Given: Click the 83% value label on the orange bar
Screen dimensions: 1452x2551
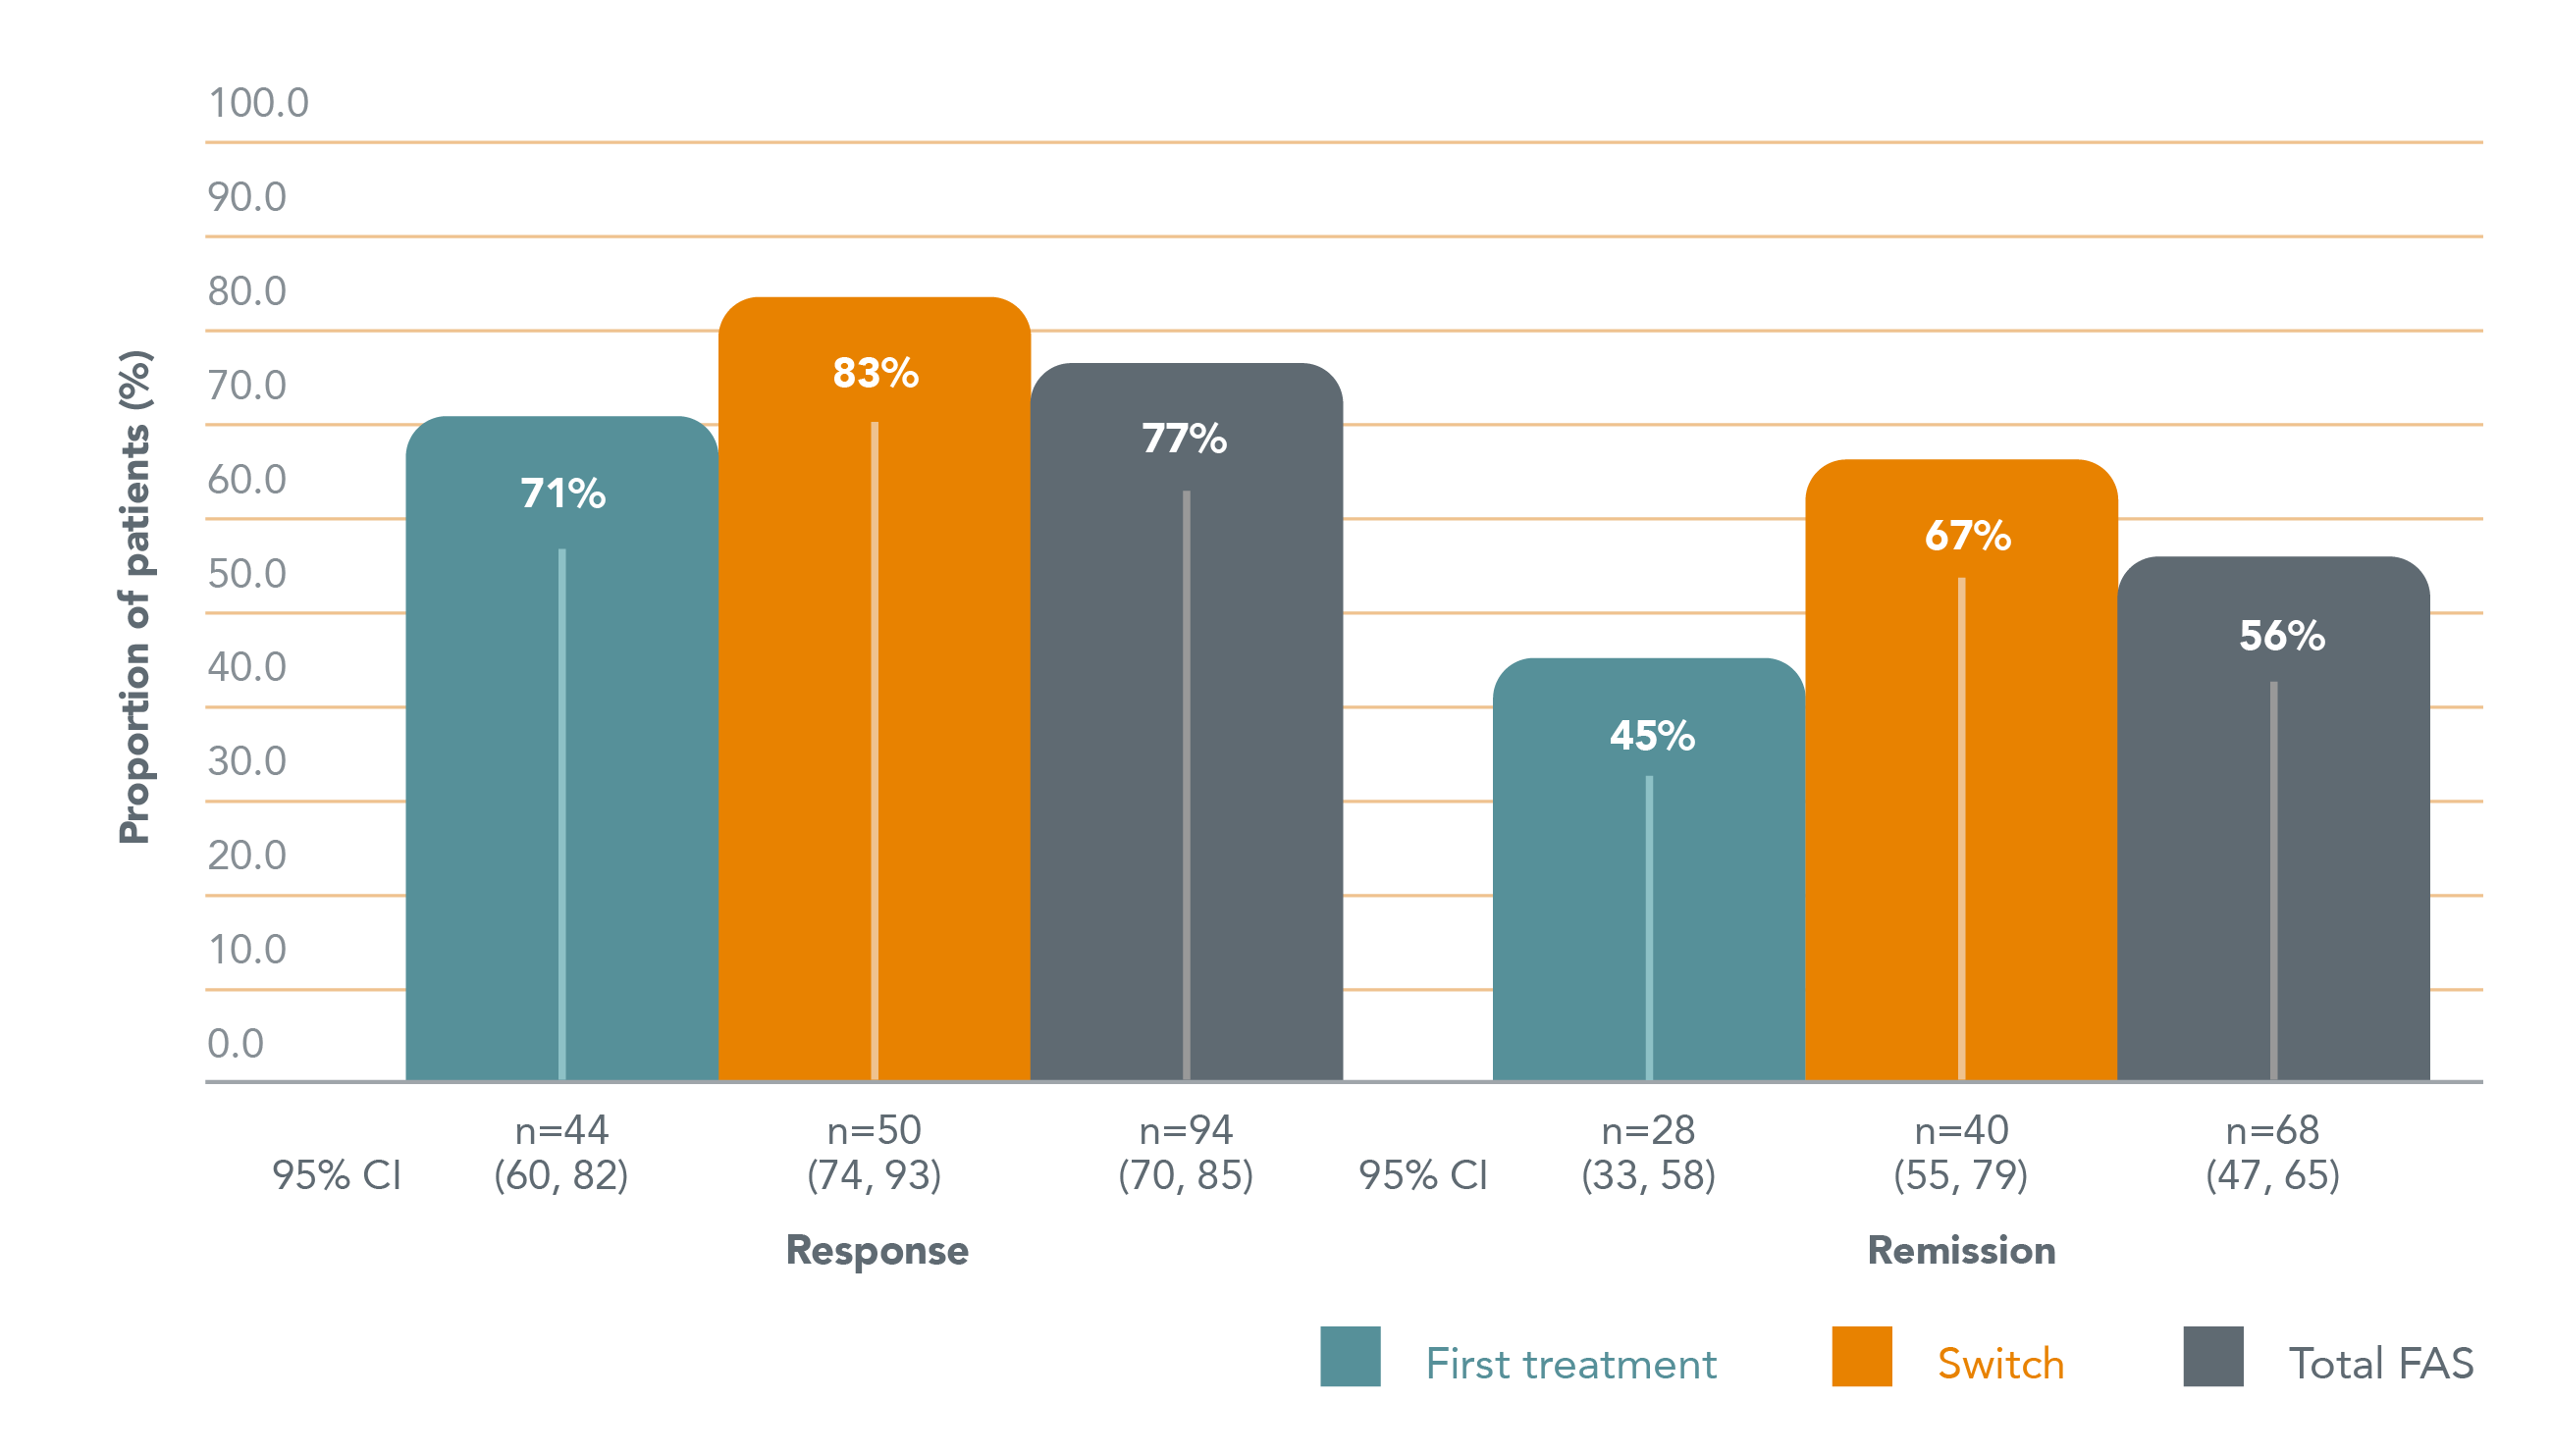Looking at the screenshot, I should coord(875,373).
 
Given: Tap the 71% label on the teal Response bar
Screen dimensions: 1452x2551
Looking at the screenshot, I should coord(562,493).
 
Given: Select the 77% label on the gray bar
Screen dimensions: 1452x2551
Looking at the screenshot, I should coord(1184,439).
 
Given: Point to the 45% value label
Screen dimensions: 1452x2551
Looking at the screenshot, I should coord(1651,736).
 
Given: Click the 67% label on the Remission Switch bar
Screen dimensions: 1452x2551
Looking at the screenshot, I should coord(1967,536).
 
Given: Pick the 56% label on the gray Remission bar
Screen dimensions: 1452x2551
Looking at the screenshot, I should coord(2282,636).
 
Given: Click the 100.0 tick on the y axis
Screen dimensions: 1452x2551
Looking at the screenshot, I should coord(258,103).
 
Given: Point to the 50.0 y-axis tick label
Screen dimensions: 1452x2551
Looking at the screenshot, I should coord(246,573).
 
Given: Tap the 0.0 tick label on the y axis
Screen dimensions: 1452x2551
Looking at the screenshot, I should coord(236,1043).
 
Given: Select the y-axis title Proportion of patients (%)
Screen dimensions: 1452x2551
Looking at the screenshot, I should coord(134,597).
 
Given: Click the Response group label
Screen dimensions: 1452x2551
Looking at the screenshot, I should coord(877,1251).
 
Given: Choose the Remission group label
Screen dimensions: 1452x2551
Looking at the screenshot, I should coord(1961,1251).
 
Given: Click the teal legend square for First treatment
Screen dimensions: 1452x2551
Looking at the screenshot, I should coord(1350,1356).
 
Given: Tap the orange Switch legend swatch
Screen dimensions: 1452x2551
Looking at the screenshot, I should coord(1862,1356).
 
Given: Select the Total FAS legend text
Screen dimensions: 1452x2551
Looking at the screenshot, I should coord(2380,1364).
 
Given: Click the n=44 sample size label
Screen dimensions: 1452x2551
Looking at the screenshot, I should coord(561,1130).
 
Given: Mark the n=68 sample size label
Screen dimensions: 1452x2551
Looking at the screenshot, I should coord(2272,1130).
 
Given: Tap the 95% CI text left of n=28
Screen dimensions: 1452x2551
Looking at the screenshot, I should coord(1422,1175).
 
